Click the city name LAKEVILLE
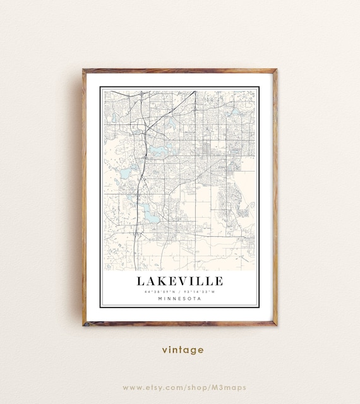179,281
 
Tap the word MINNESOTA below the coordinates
179,299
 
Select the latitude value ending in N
158,291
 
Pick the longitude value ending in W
201,291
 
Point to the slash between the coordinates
179,291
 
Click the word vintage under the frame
183,350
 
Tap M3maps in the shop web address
229,387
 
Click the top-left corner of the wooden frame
83,70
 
